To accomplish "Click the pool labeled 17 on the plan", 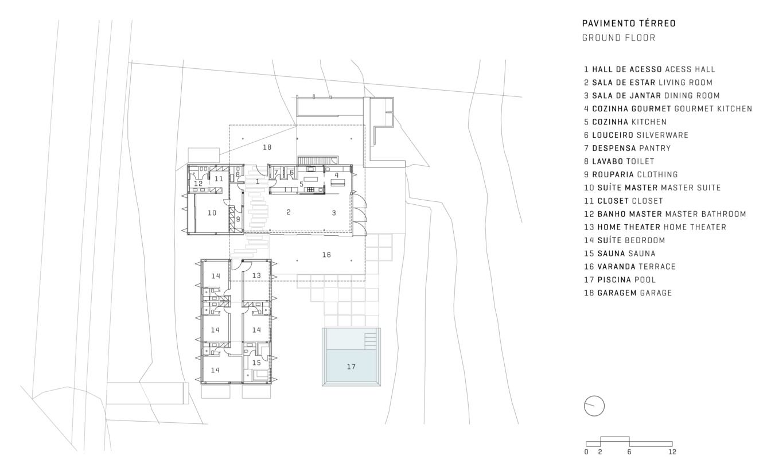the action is pyautogui.click(x=351, y=357).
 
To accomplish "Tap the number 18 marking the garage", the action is pyautogui.click(x=267, y=147).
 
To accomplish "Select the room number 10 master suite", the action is pyautogui.click(x=212, y=213).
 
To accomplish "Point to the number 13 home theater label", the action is pyautogui.click(x=256, y=275).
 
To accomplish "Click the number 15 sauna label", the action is pyautogui.click(x=256, y=363).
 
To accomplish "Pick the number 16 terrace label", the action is pyautogui.click(x=326, y=255).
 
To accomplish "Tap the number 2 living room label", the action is pyautogui.click(x=289, y=212).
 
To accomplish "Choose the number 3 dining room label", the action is pyautogui.click(x=334, y=213).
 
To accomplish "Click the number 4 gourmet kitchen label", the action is pyautogui.click(x=337, y=175).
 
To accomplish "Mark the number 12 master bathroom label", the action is pyautogui.click(x=198, y=184).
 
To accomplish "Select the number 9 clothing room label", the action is pyautogui.click(x=238, y=219).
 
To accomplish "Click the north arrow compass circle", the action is pyautogui.click(x=594, y=406).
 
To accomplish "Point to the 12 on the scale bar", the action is pyautogui.click(x=672, y=452).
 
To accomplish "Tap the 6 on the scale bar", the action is pyautogui.click(x=629, y=452).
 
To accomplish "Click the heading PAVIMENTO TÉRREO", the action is pyautogui.click(x=629, y=23).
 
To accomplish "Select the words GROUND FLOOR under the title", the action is pyautogui.click(x=618, y=38).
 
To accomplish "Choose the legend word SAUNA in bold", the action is pyautogui.click(x=612, y=254).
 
